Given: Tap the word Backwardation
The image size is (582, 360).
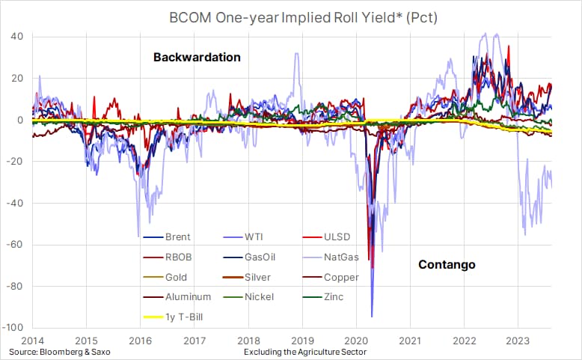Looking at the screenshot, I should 197,57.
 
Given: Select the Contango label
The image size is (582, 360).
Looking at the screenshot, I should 447,265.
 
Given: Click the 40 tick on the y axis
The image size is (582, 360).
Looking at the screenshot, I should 16,36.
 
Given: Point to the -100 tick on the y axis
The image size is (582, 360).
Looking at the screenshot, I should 13,328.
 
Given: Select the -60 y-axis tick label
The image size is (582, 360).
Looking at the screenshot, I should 16,244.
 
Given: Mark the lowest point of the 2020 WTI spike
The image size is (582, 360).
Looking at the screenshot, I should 372,317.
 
